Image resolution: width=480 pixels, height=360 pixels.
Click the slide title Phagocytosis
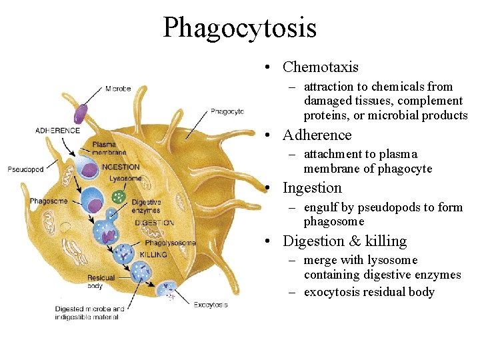pyautogui.click(x=239, y=27)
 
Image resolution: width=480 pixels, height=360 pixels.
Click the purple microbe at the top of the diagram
pyautogui.click(x=80, y=113)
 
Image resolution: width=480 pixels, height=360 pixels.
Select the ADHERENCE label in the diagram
pyautogui.click(x=57, y=131)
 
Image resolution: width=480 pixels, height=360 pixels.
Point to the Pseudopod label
pyautogui.click(x=25, y=169)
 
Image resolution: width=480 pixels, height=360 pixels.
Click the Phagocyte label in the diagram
pyautogui.click(x=227, y=111)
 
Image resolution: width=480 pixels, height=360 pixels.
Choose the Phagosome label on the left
pyautogui.click(x=49, y=201)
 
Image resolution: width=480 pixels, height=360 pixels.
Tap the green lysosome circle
pyautogui.click(x=119, y=197)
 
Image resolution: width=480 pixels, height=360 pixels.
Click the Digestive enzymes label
pyautogui.click(x=146, y=206)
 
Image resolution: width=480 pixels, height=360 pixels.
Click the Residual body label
pyautogui.click(x=101, y=281)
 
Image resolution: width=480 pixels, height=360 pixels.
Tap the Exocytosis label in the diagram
pyautogui.click(x=211, y=305)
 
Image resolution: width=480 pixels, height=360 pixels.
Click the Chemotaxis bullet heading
pyautogui.click(x=320, y=67)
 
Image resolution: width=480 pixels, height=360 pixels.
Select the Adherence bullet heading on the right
pyautogui.click(x=317, y=135)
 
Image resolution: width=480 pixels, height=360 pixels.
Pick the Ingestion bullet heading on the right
pyautogui.click(x=312, y=188)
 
